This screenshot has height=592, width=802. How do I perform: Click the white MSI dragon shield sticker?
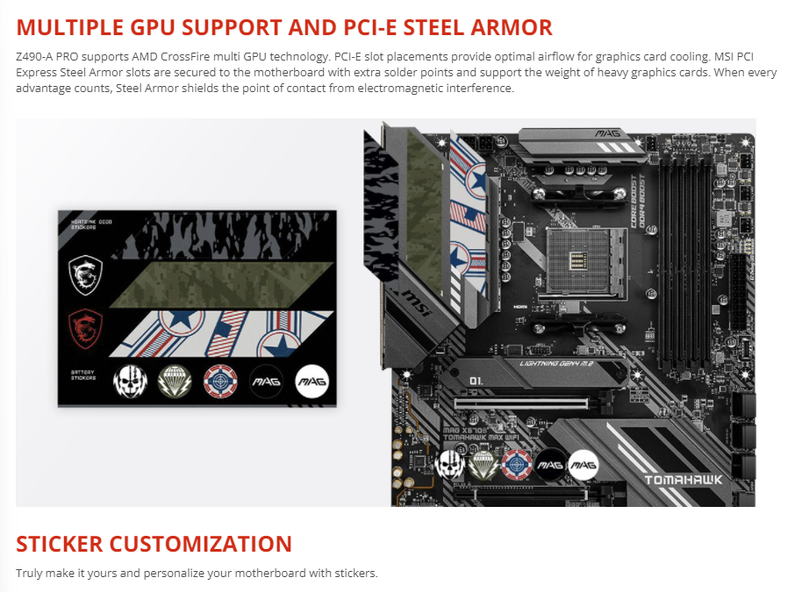(x=86, y=275)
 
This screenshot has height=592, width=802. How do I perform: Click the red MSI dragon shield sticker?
(x=86, y=330)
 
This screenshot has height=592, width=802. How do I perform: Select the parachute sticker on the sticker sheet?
(x=173, y=381)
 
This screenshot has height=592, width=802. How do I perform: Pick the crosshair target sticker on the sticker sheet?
(x=218, y=381)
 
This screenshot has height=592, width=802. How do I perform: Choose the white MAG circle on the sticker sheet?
(x=311, y=381)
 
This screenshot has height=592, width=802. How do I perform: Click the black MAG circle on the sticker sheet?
(x=265, y=381)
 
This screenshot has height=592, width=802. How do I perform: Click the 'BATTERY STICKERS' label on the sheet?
(x=83, y=377)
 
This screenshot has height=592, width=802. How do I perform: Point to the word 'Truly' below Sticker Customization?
(x=29, y=574)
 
